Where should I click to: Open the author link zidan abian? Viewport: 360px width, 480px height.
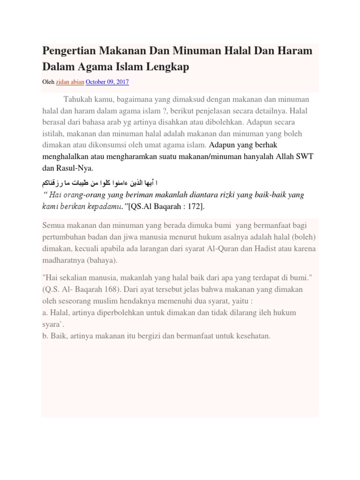point(70,82)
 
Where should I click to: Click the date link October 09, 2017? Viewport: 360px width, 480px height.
point(107,82)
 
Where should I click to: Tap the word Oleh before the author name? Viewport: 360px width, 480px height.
point(48,82)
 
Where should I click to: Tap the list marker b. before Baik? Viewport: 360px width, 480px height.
point(45,336)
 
